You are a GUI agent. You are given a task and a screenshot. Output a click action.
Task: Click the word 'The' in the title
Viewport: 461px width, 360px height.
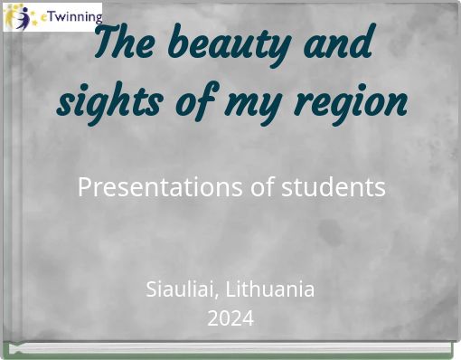[125, 43]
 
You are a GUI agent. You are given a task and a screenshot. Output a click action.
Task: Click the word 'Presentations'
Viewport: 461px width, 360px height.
[155, 187]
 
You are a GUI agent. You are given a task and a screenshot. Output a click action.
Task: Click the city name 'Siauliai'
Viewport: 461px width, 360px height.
[180, 290]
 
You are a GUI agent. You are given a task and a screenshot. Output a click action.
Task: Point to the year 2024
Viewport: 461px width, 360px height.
[230, 318]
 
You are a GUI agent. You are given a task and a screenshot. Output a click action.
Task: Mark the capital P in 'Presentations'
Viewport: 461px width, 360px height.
[84, 187]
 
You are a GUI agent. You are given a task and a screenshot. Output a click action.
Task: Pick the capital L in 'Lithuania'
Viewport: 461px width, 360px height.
[230, 290]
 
